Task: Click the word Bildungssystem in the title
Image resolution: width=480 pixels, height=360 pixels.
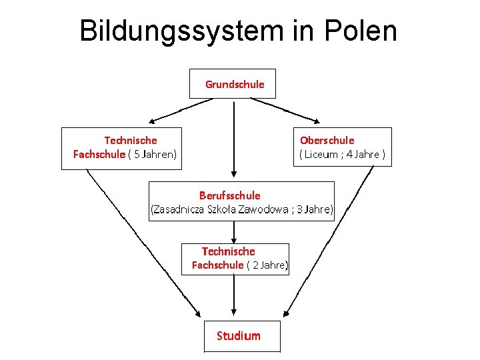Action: coord(182,31)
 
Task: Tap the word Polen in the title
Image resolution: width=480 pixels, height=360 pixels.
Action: coord(361,30)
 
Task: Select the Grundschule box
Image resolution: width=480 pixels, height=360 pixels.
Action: coord(233,83)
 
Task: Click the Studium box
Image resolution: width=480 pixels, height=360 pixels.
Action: coord(242,336)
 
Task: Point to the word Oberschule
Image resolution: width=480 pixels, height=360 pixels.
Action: coord(327,141)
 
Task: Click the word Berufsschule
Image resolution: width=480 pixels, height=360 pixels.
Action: coord(230,195)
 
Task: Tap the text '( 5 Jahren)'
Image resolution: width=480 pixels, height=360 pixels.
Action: coord(153,154)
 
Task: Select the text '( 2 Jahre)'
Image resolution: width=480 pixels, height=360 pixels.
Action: coord(267,265)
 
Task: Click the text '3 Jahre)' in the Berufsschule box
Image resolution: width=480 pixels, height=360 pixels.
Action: coord(315,209)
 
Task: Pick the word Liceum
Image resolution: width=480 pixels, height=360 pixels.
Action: coord(321,154)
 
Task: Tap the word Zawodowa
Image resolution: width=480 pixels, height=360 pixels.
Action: coord(263,209)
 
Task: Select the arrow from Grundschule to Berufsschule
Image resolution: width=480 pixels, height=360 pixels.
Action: coord(234,139)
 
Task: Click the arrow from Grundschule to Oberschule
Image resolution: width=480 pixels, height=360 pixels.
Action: coord(285,111)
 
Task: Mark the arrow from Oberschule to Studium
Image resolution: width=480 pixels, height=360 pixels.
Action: coord(329,241)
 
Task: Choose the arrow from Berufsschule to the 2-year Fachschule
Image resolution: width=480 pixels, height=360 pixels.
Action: coord(234,232)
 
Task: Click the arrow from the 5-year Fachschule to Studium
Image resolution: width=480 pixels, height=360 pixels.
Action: coord(143,243)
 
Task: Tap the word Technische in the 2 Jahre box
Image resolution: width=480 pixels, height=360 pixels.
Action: coord(229,251)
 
